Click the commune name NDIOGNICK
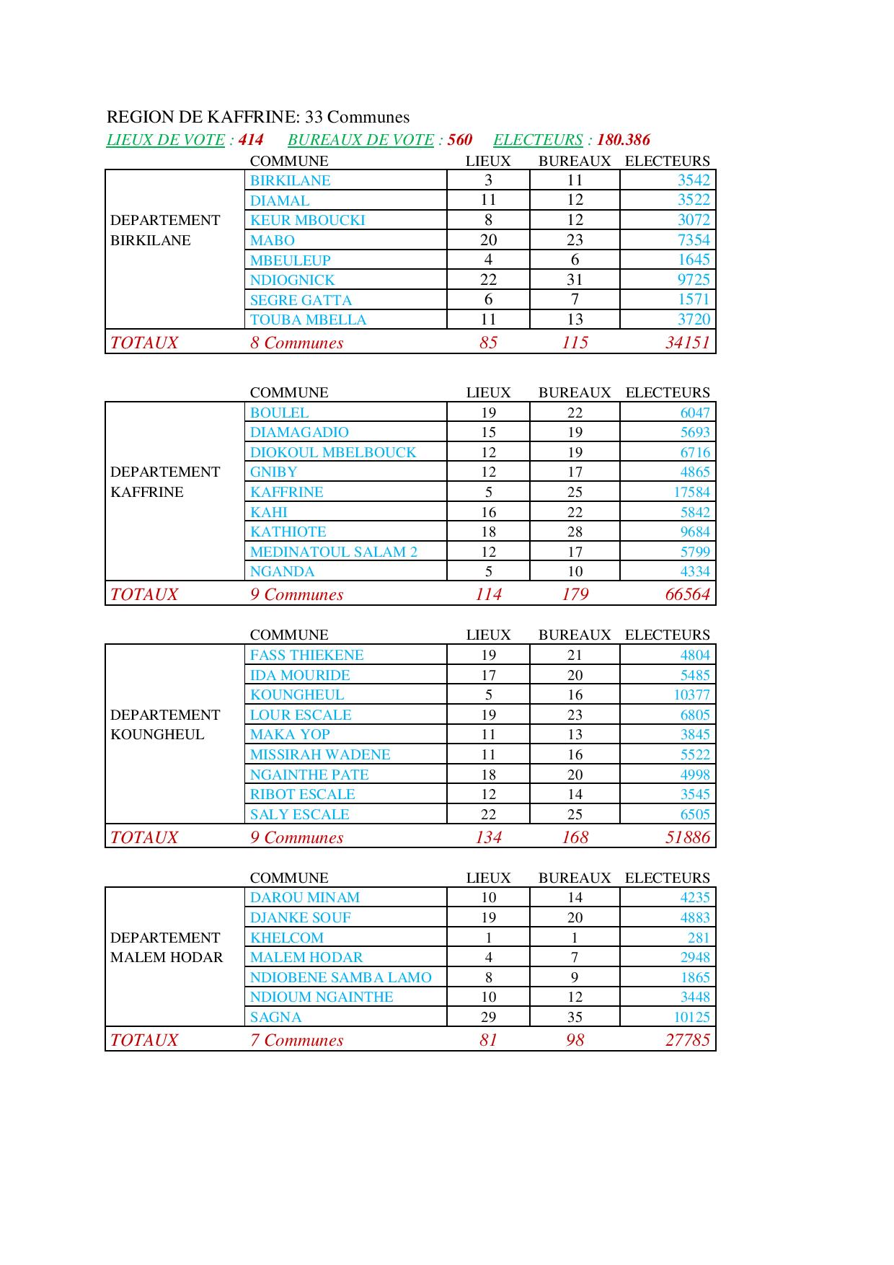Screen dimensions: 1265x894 [x=292, y=280]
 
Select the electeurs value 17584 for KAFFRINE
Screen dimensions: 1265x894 [x=691, y=492]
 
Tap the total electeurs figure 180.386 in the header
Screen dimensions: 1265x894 [x=623, y=140]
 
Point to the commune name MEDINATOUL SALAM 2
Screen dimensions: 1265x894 [x=333, y=552]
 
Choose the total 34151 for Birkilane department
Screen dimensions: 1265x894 [x=687, y=343]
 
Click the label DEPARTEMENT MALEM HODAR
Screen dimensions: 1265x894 [x=166, y=948]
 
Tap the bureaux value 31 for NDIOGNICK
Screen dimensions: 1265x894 [x=575, y=280]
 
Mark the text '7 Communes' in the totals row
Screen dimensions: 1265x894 [x=296, y=1040]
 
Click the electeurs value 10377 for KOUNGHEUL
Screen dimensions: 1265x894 [x=691, y=695]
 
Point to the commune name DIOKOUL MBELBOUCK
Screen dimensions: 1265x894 [x=332, y=452]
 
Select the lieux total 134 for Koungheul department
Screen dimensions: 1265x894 [x=488, y=837]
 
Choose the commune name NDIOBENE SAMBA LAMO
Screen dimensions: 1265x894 [x=340, y=977]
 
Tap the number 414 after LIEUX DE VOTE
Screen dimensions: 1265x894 [x=251, y=140]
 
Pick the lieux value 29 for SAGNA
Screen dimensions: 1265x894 [x=488, y=1017]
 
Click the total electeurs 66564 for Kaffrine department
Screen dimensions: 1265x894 [x=687, y=594]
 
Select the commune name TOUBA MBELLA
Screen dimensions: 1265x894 [x=308, y=319]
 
